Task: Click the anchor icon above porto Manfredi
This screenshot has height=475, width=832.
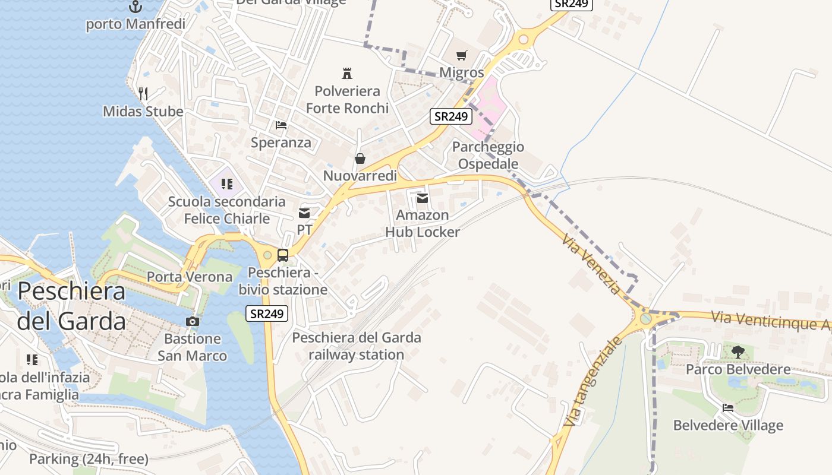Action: coord(135,7)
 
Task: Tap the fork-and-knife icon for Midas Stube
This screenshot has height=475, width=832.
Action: coord(143,93)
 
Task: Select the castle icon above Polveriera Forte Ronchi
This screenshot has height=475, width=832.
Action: coord(347,73)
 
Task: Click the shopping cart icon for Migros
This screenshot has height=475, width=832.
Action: coord(461,56)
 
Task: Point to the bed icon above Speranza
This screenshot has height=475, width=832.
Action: coord(281,125)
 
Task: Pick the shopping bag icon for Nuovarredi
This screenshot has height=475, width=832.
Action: coord(360,159)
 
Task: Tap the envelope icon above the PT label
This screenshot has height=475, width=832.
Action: coord(304,213)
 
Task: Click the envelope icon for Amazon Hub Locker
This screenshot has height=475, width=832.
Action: coord(423,198)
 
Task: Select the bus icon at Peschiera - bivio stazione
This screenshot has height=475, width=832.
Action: coord(283,255)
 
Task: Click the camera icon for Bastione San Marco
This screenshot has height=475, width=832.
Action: coord(192,321)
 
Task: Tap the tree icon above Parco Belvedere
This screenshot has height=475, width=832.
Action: coord(738,351)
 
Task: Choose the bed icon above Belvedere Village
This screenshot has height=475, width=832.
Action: coord(728,408)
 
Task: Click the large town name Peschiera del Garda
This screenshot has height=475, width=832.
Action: coord(71,306)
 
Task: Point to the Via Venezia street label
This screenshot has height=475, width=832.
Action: coord(591,263)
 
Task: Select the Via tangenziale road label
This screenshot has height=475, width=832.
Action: coord(593,381)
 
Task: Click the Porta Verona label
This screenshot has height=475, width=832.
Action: coord(190,277)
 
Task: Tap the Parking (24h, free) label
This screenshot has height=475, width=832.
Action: coord(89,459)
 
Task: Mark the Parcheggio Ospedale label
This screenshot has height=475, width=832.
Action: coord(488,155)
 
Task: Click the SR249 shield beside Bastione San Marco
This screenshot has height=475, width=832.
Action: coord(267,313)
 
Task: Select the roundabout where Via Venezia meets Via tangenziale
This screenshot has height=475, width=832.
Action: coord(645,318)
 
